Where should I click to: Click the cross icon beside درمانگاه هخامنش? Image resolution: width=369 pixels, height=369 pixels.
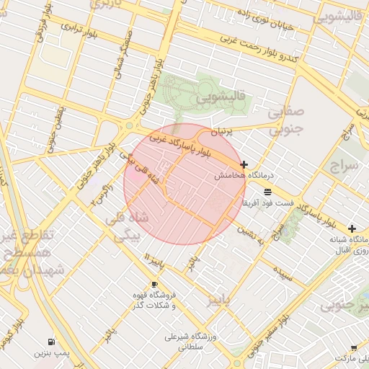(244, 165)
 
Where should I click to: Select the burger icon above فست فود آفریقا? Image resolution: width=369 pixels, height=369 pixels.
(268, 192)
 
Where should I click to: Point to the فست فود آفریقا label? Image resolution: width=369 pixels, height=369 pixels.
(267, 203)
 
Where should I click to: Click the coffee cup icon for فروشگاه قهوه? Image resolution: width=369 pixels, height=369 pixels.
(154, 285)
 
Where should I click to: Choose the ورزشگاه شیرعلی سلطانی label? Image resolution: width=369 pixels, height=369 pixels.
(175, 341)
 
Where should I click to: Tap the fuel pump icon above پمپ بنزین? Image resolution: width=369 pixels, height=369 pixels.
(50, 342)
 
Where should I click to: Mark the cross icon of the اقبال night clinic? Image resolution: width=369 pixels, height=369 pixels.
(352, 228)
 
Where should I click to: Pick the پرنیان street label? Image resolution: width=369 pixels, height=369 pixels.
(223, 133)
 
